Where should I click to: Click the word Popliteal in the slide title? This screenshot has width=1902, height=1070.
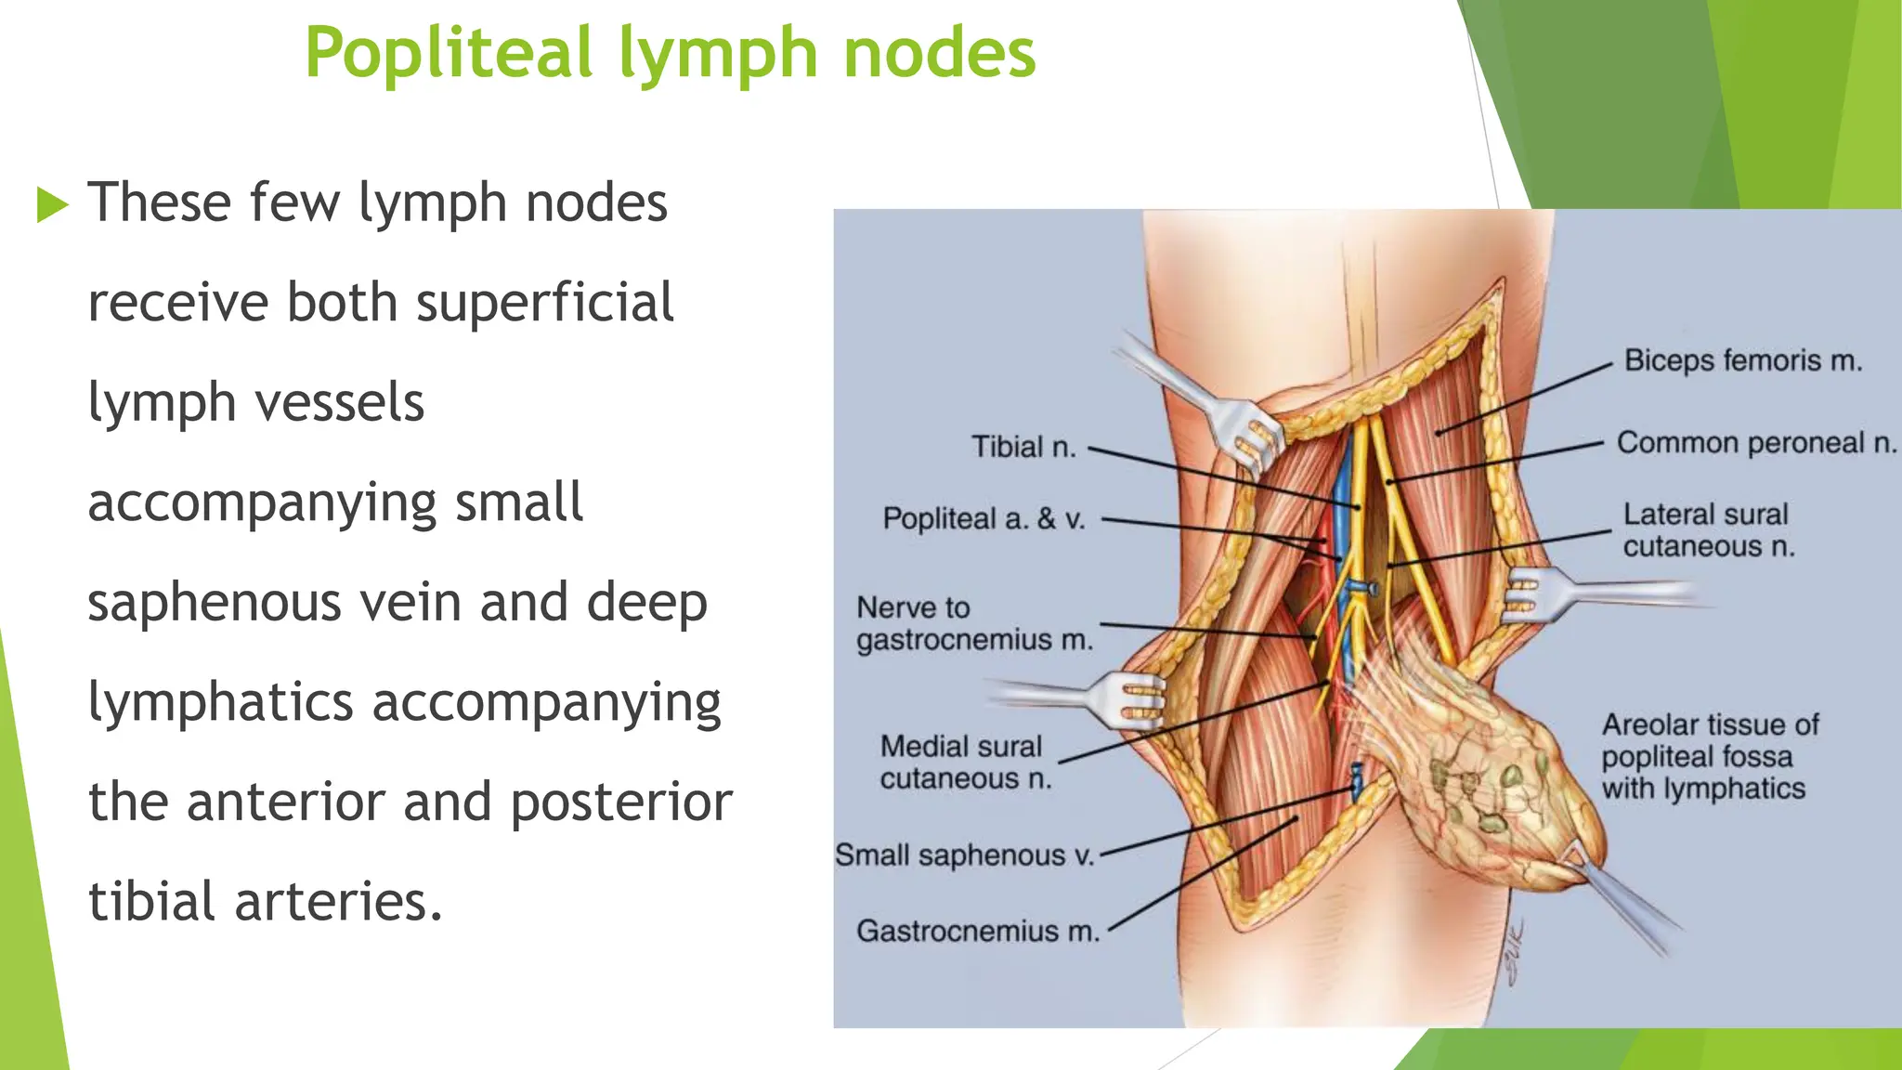449,54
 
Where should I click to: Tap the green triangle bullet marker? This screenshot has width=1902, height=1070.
53,204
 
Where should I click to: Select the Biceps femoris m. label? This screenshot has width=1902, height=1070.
1743,360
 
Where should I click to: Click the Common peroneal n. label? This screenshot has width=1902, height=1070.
1755,443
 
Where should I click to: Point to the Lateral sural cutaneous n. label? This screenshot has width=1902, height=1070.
1708,530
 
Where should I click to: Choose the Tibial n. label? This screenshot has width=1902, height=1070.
1023,447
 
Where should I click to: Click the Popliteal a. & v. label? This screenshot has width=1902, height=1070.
984,518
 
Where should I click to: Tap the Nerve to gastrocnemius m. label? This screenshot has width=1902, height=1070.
974,623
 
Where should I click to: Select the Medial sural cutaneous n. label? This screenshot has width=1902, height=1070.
965,762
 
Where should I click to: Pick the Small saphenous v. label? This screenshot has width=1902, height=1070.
964,855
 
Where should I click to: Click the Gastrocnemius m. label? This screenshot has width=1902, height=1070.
977,931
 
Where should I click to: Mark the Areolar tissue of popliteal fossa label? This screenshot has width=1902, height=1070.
1709,756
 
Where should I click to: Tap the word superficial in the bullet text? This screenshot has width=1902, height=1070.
544,303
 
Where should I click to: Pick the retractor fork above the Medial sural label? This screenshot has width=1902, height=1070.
1130,698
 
